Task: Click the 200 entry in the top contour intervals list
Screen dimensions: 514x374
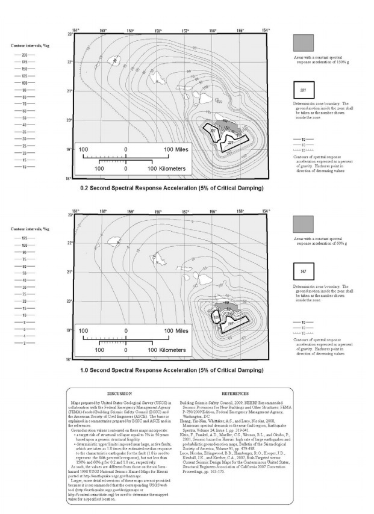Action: [25, 54]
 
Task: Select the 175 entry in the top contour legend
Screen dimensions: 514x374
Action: [25, 61]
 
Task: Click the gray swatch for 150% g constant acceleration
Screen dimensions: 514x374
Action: [303, 43]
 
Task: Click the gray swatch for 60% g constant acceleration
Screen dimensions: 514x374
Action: [303, 224]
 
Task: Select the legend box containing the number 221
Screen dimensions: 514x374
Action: [303, 90]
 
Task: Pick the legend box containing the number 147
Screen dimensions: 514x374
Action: [303, 271]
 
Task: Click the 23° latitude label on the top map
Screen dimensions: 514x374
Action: [70, 34]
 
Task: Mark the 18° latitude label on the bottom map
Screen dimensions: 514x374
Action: [70, 359]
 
